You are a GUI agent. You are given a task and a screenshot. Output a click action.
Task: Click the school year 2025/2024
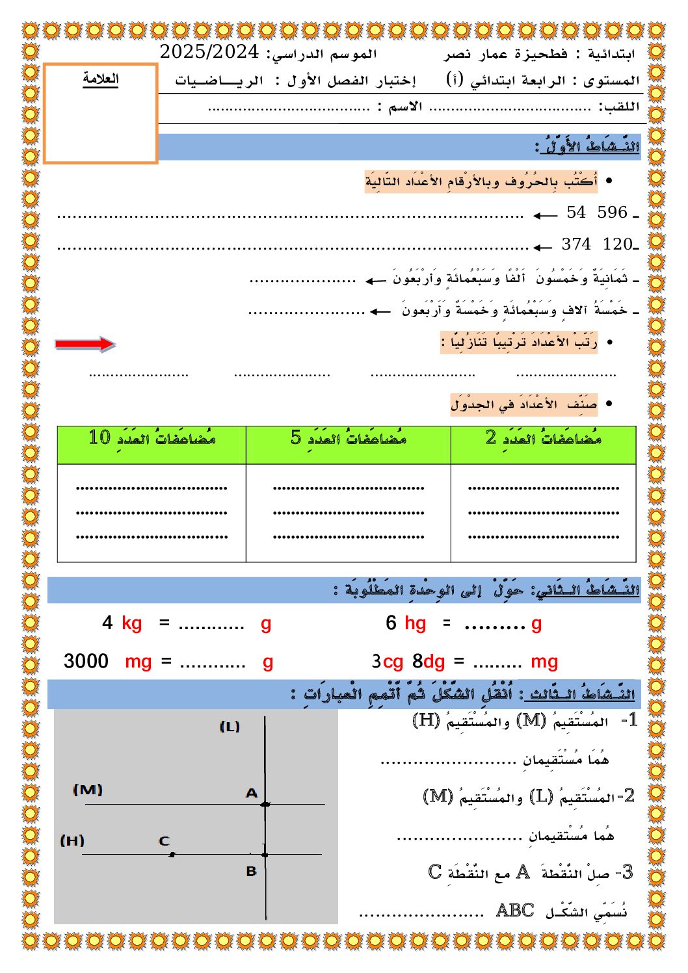pyautogui.click(x=209, y=52)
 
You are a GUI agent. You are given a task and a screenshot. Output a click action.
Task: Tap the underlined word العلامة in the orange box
pyautogui.click(x=101, y=79)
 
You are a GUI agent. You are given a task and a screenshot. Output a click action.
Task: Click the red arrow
pyautogui.click(x=85, y=344)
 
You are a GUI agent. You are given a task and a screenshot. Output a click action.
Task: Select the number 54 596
pyautogui.click(x=596, y=213)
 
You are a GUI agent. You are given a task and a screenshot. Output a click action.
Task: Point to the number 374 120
pyautogui.click(x=596, y=244)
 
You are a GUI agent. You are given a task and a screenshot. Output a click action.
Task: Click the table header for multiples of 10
pyautogui.click(x=152, y=438)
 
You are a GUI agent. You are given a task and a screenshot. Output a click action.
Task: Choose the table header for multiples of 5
pyautogui.click(x=349, y=438)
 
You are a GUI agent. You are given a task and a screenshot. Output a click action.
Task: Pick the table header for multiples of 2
pyautogui.click(x=543, y=438)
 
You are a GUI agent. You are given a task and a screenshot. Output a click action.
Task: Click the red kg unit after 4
pyautogui.click(x=131, y=623)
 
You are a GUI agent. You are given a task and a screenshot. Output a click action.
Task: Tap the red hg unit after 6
pyautogui.click(x=415, y=623)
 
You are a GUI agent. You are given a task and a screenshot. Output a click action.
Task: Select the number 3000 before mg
pyautogui.click(x=86, y=661)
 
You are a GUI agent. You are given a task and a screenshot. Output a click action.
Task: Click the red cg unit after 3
pyautogui.click(x=393, y=662)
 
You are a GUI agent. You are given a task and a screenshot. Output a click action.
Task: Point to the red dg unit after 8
pyautogui.click(x=434, y=662)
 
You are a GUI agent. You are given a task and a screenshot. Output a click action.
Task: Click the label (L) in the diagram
pyautogui.click(x=230, y=727)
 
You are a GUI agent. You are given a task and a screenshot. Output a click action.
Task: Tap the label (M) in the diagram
pyautogui.click(x=88, y=790)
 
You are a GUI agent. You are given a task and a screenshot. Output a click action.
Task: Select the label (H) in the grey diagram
pyautogui.click(x=72, y=840)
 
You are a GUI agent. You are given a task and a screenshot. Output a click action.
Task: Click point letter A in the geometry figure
pyautogui.click(x=252, y=793)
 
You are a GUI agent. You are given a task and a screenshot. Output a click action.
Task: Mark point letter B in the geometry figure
pyautogui.click(x=252, y=872)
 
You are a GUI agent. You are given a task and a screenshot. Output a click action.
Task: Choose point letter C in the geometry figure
pyautogui.click(x=164, y=841)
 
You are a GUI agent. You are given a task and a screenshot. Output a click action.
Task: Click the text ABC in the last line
pyautogui.click(x=515, y=911)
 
